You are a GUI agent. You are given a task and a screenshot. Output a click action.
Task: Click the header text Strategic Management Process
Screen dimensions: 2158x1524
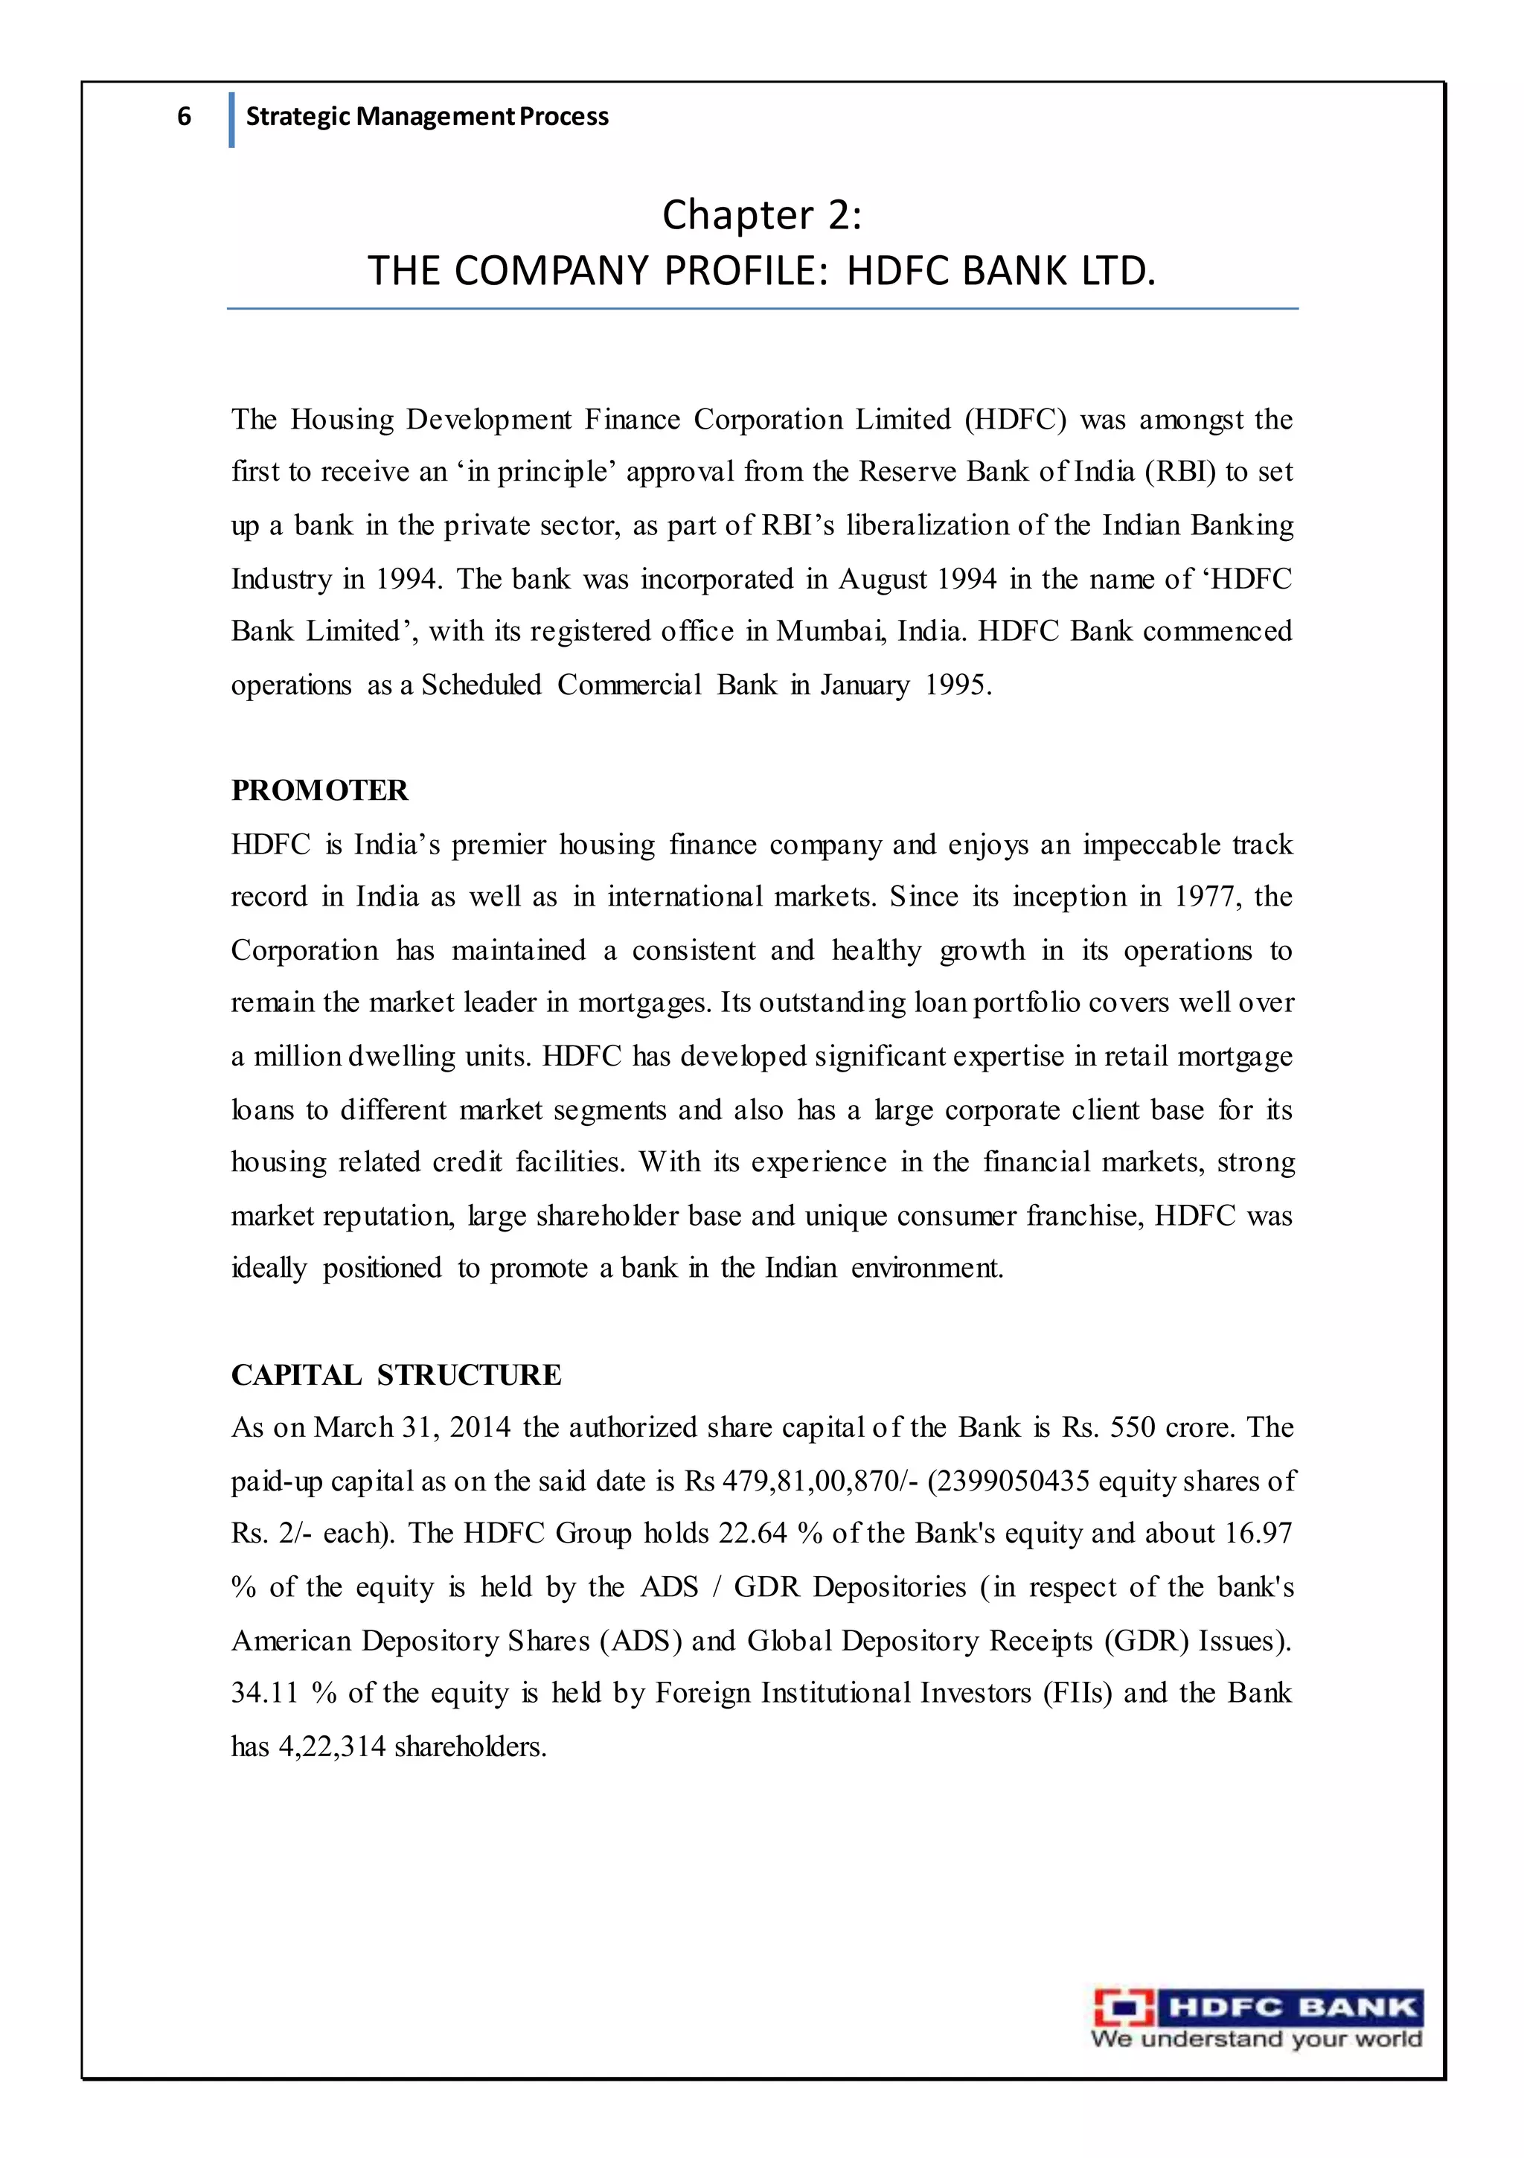click(427, 117)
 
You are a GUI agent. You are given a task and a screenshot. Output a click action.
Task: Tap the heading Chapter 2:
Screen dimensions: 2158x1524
click(761, 214)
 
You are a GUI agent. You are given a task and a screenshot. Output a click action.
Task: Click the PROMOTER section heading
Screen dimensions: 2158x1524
click(320, 790)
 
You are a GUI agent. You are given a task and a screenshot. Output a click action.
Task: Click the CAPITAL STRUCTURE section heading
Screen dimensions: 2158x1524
click(396, 1375)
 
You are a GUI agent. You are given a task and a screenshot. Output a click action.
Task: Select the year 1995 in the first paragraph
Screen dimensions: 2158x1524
click(957, 685)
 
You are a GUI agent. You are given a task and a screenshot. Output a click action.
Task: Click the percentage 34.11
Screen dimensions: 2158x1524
click(264, 1693)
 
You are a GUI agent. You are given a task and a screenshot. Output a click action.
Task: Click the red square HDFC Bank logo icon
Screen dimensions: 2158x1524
click(1124, 2008)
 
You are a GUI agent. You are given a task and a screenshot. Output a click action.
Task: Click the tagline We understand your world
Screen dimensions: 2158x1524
click(1256, 2040)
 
